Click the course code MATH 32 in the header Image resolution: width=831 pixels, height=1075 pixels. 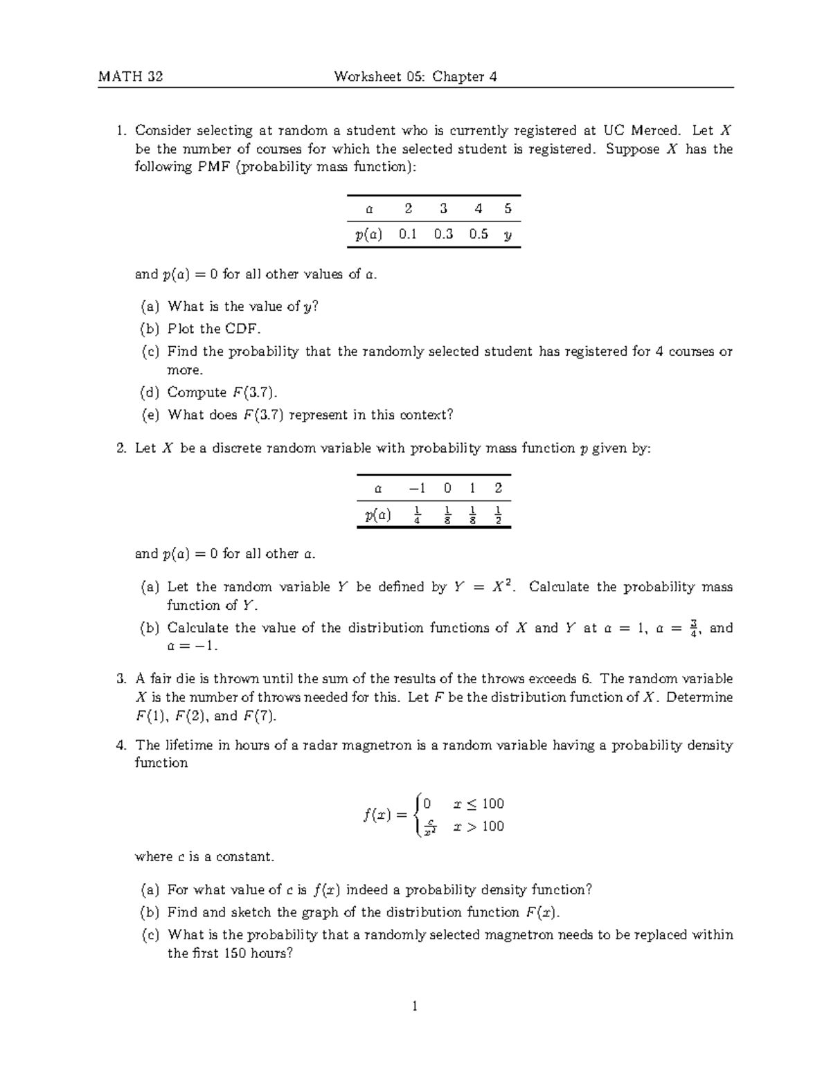pos(130,77)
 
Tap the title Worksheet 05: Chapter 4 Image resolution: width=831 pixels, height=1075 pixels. pos(415,77)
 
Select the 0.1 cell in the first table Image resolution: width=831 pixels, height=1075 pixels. pos(408,234)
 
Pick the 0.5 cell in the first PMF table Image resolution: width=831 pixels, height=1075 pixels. pos(479,234)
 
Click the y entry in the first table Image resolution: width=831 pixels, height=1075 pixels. pos(508,235)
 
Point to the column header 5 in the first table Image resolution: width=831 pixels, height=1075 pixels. pos(508,208)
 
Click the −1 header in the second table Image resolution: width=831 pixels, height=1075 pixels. pos(417,487)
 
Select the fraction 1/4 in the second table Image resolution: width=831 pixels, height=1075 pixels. pos(417,515)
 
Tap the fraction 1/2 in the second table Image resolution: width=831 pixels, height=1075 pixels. pos(499,515)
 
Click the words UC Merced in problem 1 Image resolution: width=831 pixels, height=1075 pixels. pos(641,130)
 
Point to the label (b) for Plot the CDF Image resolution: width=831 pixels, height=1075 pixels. pos(150,329)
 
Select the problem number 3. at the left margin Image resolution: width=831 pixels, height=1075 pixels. pos(121,679)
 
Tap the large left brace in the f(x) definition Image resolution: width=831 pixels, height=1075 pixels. pos(415,815)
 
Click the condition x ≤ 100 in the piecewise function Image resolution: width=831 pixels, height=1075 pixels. pos(479,804)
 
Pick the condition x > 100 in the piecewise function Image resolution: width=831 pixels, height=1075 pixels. pos(479,826)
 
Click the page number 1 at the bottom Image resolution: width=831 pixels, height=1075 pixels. pos(415,1006)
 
